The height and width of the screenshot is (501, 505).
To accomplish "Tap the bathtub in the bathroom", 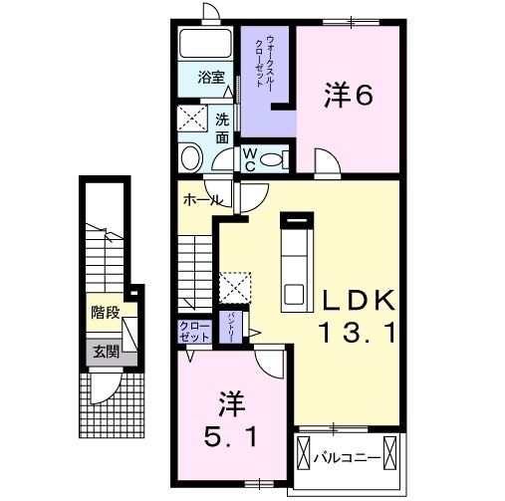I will tap(207, 45).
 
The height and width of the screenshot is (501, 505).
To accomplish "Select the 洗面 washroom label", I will tap(223, 128).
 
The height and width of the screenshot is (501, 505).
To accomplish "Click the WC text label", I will tap(250, 159).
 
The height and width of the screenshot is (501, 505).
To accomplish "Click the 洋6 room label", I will tap(348, 95).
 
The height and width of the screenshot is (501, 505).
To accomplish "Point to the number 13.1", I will tap(358, 333).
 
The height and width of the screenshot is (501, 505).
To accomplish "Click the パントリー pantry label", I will tap(231, 327).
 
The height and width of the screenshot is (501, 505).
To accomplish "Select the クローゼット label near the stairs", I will tap(193, 331).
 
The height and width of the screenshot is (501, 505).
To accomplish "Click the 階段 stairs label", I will tap(105, 313).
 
